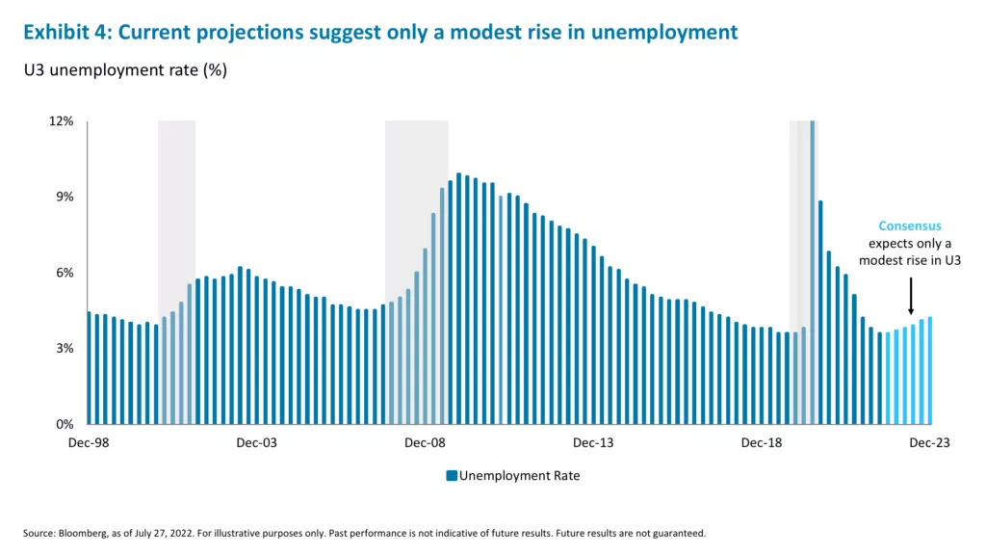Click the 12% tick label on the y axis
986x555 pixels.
click(62, 121)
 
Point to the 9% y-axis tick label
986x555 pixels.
click(65, 197)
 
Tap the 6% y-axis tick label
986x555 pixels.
click(65, 273)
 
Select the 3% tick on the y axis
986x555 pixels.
click(65, 348)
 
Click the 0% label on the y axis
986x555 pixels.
click(65, 424)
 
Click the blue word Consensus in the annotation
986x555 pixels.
click(909, 226)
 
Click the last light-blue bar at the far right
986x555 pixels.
click(930, 370)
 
